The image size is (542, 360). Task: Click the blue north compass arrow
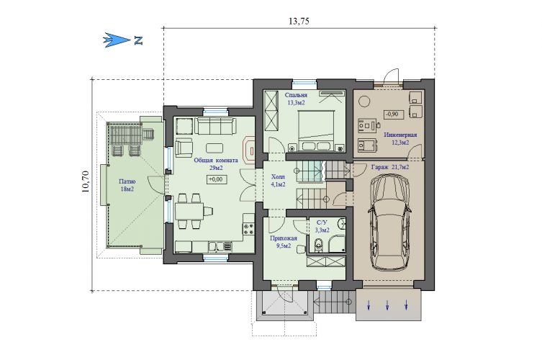[x=117, y=40]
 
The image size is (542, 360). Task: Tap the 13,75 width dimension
[x=299, y=21]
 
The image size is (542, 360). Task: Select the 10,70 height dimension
[x=86, y=181]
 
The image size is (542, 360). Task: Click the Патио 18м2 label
[x=127, y=185]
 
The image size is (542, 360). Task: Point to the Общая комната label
[x=216, y=161]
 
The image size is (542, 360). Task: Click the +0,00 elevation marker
[x=217, y=179]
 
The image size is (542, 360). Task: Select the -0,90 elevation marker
[x=394, y=114]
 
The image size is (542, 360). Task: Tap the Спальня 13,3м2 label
[x=297, y=99]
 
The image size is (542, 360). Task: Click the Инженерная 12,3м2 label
[x=400, y=138]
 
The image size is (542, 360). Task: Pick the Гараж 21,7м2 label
[x=390, y=167]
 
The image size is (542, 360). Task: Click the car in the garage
[x=389, y=222]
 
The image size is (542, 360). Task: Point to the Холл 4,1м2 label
[x=279, y=181]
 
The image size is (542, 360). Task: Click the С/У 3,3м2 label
[x=322, y=226]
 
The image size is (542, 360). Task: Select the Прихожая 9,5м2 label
[x=284, y=242]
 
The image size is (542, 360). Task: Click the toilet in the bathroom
[x=319, y=245]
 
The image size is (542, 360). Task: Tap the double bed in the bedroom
[x=316, y=131]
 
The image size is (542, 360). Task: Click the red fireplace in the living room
[x=249, y=150]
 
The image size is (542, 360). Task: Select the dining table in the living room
[x=189, y=211]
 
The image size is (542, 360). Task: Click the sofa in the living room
[x=216, y=126]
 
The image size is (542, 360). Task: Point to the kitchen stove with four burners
[x=248, y=228]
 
